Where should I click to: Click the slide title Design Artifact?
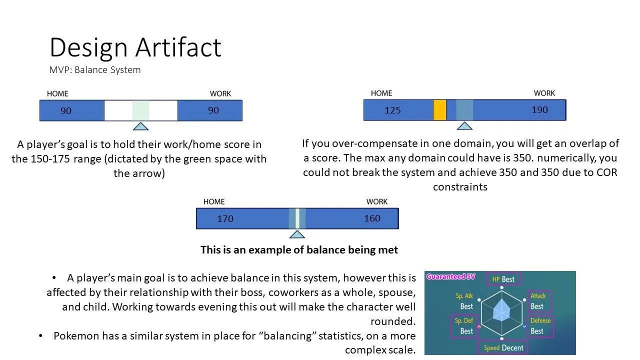point(135,48)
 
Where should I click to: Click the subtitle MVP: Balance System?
point(95,70)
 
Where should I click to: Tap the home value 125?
point(392,110)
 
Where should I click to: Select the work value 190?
point(539,110)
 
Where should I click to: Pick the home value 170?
point(225,218)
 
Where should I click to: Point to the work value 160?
point(372,218)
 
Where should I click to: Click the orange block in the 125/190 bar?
point(439,110)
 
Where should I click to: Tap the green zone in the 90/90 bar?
point(140,110)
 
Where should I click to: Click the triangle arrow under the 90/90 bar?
point(140,126)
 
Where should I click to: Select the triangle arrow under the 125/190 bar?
point(464,125)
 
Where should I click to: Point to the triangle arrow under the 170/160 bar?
point(297,234)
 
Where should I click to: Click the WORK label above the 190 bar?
point(544,93)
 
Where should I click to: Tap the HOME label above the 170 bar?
point(214,201)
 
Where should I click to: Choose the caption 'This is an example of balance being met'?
point(299,249)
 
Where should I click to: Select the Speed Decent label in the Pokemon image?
point(503,347)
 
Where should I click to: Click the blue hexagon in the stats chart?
point(501,312)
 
